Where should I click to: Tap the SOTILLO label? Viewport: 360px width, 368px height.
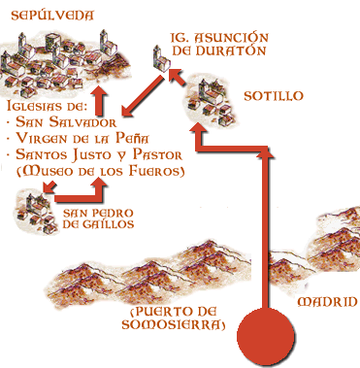277,96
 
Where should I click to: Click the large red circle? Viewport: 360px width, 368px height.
262,336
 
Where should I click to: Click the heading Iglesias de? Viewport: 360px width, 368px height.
48,108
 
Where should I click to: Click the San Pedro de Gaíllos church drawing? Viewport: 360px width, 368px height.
33,205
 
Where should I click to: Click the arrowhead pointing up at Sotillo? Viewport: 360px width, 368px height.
198,133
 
